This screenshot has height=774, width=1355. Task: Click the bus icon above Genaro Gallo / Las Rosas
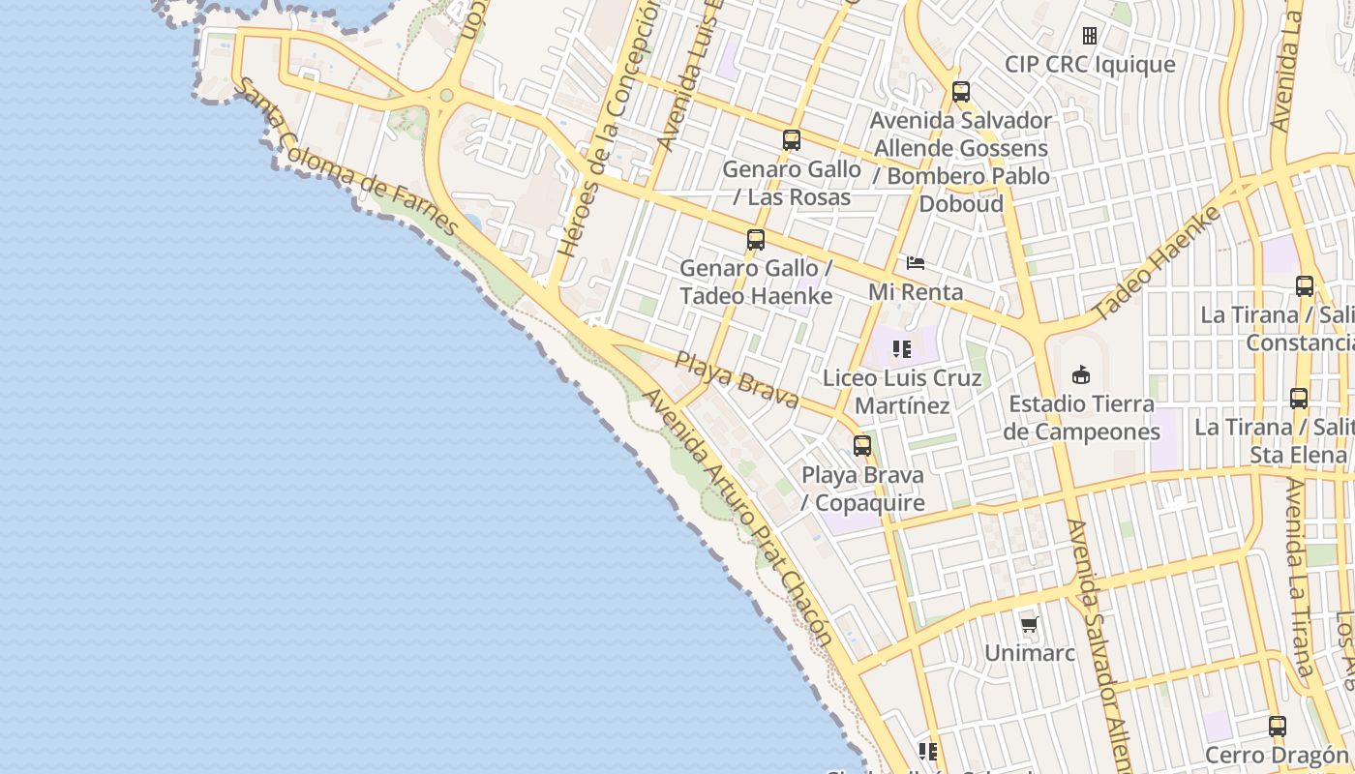[791, 140]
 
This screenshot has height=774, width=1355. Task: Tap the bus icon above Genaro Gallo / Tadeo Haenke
[755, 240]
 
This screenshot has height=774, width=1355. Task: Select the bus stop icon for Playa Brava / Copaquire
[861, 446]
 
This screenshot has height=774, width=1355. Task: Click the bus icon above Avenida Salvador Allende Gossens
[960, 92]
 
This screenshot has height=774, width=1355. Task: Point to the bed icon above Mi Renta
[915, 263]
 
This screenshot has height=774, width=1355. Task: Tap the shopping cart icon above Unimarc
[1029, 624]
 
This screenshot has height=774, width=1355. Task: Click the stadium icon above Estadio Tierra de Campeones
[1080, 374]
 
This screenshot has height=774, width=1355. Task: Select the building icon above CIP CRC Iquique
[1089, 36]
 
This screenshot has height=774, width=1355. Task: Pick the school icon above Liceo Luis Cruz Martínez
[902, 349]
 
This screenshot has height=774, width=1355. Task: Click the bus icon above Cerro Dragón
[1277, 726]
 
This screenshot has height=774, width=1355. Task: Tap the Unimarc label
[1029, 653]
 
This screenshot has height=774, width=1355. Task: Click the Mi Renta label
[915, 292]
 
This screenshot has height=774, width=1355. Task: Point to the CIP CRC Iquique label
[1089, 65]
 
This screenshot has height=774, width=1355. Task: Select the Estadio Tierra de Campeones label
[1080, 418]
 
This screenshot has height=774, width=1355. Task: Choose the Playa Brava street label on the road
[737, 379]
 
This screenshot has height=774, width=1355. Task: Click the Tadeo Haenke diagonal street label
[1158, 263]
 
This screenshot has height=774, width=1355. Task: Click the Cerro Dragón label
[1276, 755]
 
